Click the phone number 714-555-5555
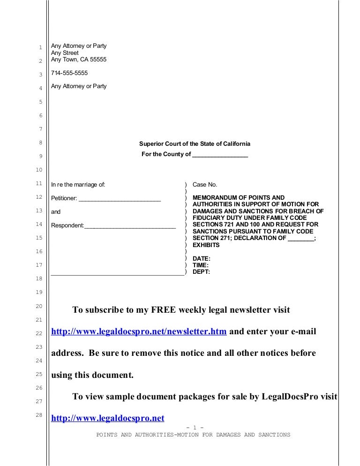pos(69,73)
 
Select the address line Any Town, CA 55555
pos(79,60)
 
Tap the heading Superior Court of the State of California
pos(195,143)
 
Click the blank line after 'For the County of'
pos(220,155)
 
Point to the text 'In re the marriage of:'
pos(78,185)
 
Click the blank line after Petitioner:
pos(120,199)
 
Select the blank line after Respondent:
pos(130,226)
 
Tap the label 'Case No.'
pos(205,185)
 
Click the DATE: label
pos(202,258)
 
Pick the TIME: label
pos(201,265)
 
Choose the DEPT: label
pos(202,271)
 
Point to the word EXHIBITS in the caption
pos(206,245)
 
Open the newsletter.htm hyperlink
pos(139,332)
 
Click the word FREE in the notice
pos(164,310)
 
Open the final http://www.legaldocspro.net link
pos(107,418)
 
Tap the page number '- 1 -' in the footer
pos(195,428)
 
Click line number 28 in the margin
pos(40,415)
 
